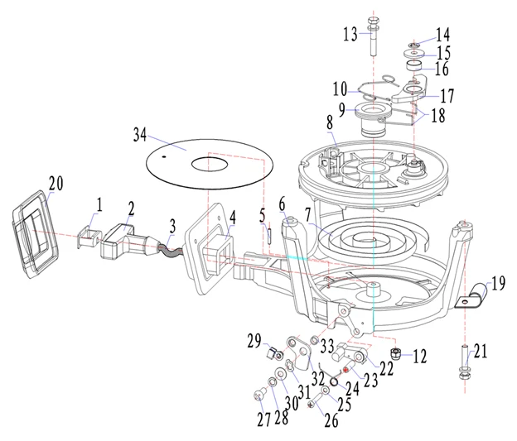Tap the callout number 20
pyautogui.click(x=56, y=183)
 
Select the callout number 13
pyautogui.click(x=350, y=34)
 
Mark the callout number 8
pyautogui.click(x=329, y=122)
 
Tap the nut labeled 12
pyautogui.click(x=397, y=356)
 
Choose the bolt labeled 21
pyautogui.click(x=461, y=364)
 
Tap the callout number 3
pyautogui.click(x=172, y=224)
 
